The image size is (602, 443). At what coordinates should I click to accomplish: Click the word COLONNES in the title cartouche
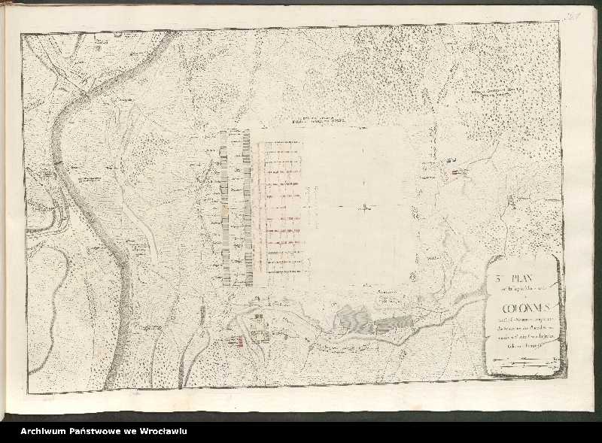click(523, 308)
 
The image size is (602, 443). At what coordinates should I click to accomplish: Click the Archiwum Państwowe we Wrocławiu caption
click(104, 431)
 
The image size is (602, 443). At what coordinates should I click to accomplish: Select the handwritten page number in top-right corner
click(576, 15)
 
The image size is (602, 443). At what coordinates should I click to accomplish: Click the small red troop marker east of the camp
click(457, 172)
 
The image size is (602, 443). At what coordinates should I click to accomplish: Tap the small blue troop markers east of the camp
click(451, 160)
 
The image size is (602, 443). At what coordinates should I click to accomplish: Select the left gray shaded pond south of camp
click(353, 319)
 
